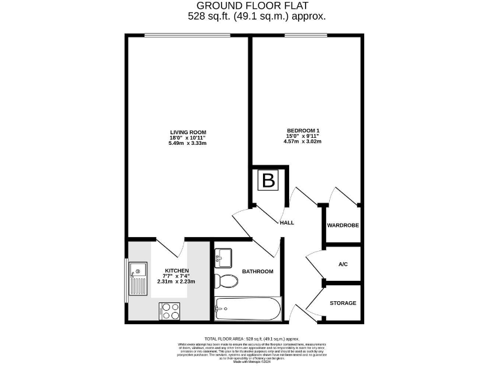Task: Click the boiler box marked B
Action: pyautogui.click(x=269, y=181)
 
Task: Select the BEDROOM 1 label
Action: pyautogui.click(x=302, y=131)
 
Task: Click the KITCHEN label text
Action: pyautogui.click(x=176, y=271)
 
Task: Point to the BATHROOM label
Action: pyautogui.click(x=257, y=271)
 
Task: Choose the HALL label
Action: pyautogui.click(x=287, y=223)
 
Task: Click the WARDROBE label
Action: pyautogui.click(x=343, y=226)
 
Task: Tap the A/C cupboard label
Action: pyautogui.click(x=343, y=264)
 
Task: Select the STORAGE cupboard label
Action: pyautogui.click(x=343, y=303)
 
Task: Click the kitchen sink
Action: pyautogui.click(x=138, y=280)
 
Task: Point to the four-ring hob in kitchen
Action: pyautogui.click(x=170, y=311)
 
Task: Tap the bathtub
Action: pyautogui.click(x=247, y=309)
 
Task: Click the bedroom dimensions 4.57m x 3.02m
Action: pyautogui.click(x=302, y=141)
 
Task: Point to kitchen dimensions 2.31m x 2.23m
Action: pyautogui.click(x=176, y=281)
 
